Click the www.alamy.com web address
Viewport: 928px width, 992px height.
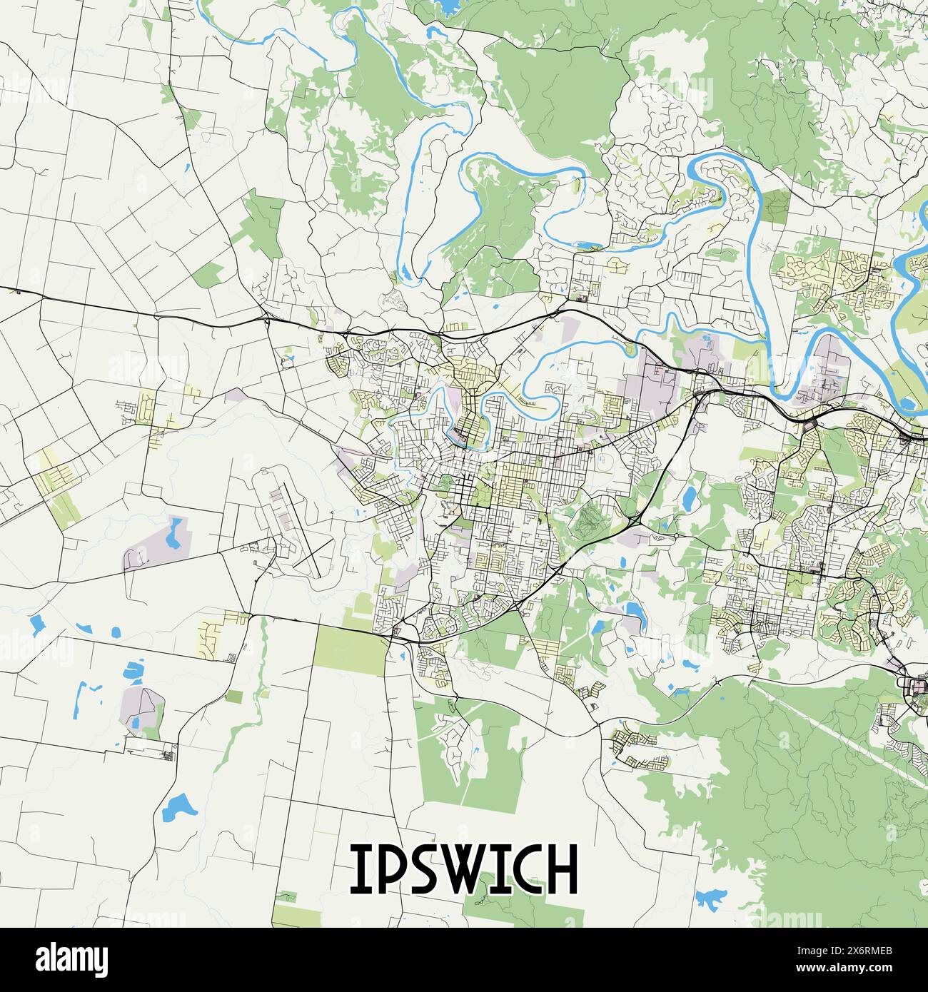[839, 969]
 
